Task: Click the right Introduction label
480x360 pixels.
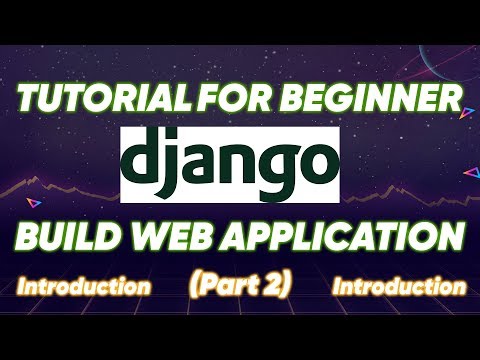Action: (399, 287)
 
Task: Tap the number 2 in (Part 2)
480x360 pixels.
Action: (275, 284)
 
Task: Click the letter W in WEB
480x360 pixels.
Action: (163, 237)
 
